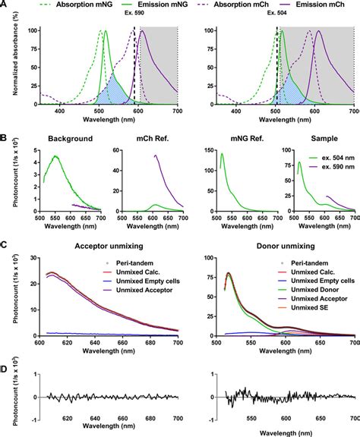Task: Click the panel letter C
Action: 5,245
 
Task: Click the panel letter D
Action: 5,371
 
